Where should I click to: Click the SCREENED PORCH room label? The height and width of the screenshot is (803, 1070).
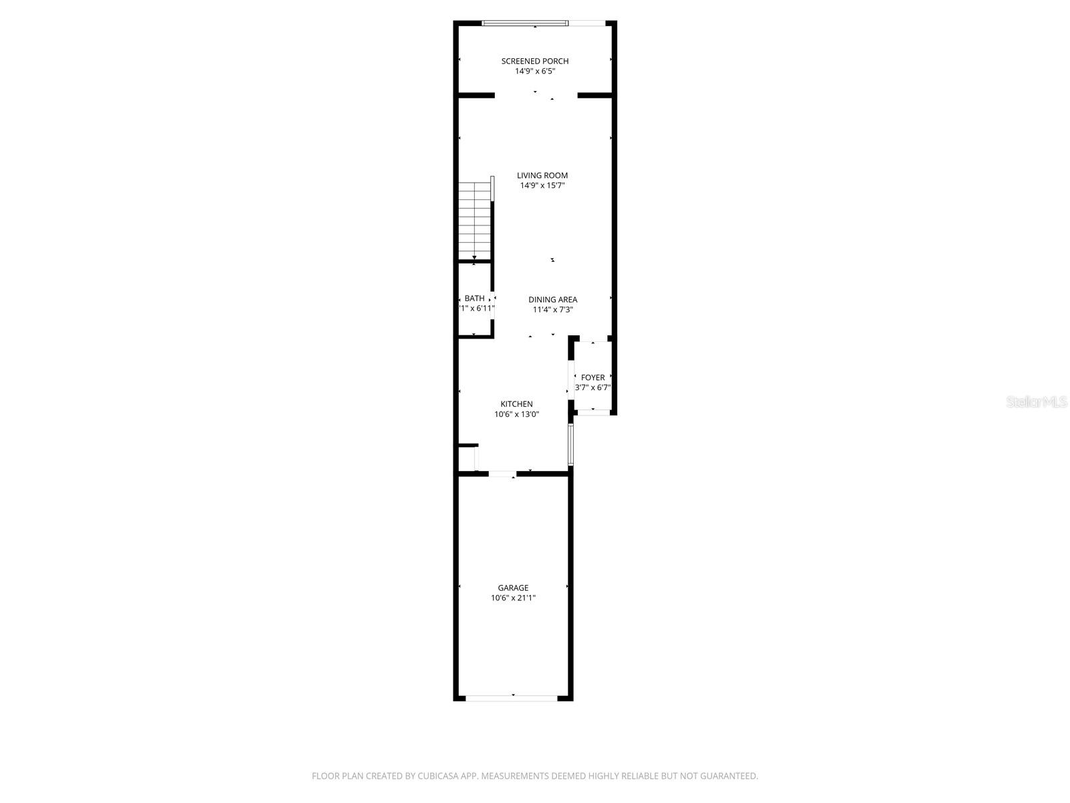point(535,61)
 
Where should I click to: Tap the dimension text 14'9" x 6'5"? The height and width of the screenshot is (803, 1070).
point(535,71)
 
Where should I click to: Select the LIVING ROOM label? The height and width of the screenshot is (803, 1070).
point(542,175)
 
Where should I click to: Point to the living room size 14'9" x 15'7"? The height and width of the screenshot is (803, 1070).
point(542,185)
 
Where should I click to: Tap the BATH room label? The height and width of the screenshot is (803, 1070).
point(475,298)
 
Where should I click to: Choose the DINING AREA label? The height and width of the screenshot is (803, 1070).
point(552,300)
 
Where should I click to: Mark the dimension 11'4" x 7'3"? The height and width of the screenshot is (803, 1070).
point(552,310)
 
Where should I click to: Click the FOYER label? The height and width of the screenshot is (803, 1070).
point(593,377)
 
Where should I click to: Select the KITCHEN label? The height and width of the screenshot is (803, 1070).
point(516,404)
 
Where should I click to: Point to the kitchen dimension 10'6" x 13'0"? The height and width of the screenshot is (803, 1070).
point(516,414)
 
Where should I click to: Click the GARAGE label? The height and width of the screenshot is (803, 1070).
point(513,588)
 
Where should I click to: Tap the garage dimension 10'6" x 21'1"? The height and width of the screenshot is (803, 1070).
point(513,598)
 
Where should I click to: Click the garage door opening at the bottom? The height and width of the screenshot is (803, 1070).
point(512,698)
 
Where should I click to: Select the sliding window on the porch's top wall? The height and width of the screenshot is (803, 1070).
point(525,23)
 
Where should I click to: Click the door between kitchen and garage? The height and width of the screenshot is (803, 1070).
point(502,474)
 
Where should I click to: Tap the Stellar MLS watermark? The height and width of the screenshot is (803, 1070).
point(1037,402)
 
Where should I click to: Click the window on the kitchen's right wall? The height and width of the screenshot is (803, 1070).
point(570,444)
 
